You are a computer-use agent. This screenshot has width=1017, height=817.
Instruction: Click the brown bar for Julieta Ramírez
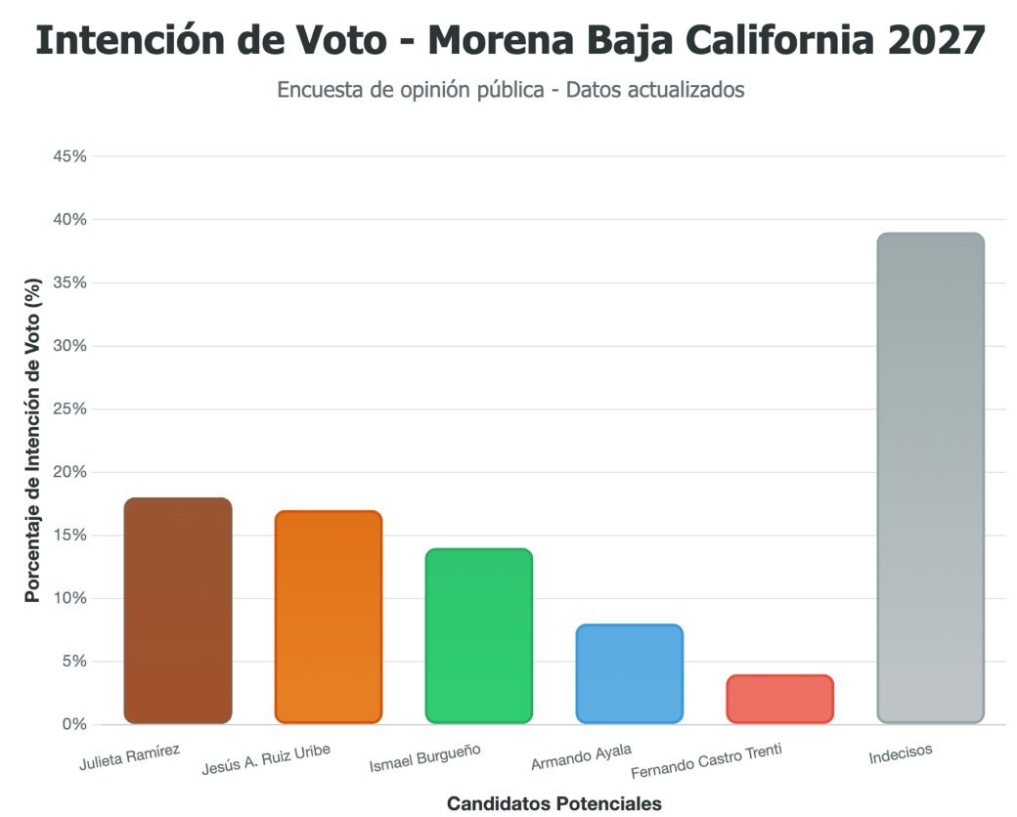[178, 611]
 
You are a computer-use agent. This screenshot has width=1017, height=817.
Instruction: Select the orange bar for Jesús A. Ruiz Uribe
[329, 617]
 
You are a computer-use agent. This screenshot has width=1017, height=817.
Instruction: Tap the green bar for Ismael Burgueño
[479, 636]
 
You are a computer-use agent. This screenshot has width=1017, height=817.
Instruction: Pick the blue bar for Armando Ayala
[630, 674]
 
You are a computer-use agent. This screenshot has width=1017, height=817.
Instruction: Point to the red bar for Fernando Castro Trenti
[780, 699]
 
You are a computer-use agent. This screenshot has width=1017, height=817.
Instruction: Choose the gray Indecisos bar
[931, 478]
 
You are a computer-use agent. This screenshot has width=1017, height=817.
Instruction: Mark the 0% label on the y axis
[73, 724]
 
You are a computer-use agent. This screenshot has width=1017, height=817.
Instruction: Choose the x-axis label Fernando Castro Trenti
[707, 759]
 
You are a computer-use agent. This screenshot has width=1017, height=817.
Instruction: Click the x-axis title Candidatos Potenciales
[554, 803]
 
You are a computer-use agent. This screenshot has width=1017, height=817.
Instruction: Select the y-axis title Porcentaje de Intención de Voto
[33, 440]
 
